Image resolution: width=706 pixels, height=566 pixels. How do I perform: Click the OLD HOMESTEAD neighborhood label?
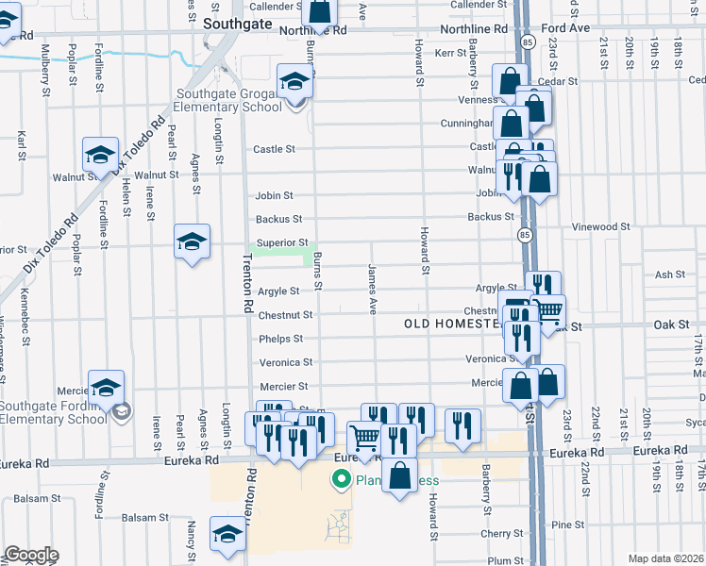tap(450, 324)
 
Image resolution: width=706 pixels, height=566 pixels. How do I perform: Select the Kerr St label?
tap(445, 54)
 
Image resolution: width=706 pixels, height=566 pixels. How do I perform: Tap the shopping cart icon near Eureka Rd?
tap(363, 437)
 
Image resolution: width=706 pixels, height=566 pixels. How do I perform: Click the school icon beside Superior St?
tap(192, 241)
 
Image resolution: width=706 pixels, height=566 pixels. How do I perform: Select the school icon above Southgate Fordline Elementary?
tap(106, 387)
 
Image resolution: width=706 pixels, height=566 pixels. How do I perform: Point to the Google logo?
tap(31, 555)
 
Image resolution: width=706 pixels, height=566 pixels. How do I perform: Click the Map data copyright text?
tap(665, 558)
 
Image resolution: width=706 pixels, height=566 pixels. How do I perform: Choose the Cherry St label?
tap(496, 533)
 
